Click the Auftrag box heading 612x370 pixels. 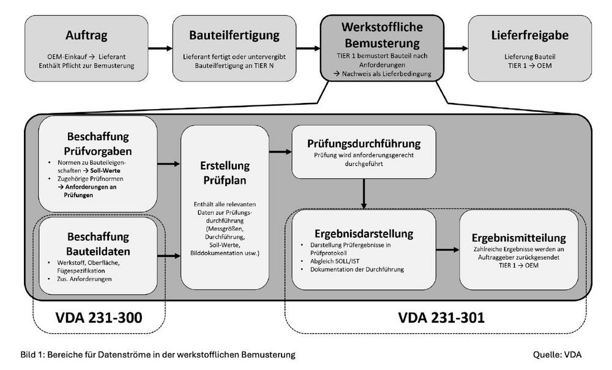(x=86, y=36)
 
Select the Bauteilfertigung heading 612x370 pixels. (x=234, y=35)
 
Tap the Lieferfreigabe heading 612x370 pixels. (x=529, y=35)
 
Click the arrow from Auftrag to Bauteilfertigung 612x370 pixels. (x=160, y=48)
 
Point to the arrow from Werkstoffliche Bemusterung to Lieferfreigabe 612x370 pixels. (x=456, y=48)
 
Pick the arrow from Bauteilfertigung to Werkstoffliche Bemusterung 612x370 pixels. (x=308, y=48)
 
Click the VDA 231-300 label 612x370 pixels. (x=99, y=318)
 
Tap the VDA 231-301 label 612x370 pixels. (x=441, y=317)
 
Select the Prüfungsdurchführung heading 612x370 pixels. (x=364, y=143)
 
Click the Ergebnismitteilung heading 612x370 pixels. (x=519, y=238)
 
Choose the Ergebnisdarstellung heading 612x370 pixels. (x=364, y=233)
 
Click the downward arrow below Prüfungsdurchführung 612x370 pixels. (x=364, y=194)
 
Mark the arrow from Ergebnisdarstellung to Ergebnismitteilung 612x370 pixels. (x=448, y=250)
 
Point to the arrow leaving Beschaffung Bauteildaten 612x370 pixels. (x=169, y=256)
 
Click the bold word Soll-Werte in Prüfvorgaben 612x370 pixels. (x=105, y=171)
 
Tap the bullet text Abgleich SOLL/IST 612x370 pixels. (x=335, y=261)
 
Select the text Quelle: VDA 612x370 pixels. (x=558, y=355)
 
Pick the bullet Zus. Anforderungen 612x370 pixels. (x=84, y=279)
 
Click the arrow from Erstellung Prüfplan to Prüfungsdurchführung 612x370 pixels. (x=280, y=151)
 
